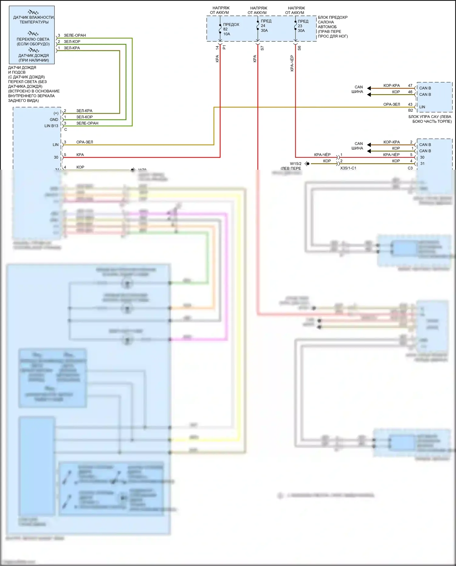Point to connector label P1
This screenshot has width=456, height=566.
click(x=224, y=47)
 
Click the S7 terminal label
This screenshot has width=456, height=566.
click(x=262, y=48)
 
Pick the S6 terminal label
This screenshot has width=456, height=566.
click(x=299, y=48)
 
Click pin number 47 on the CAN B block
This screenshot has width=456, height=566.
click(x=410, y=85)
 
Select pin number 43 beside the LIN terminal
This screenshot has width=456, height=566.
click(x=410, y=104)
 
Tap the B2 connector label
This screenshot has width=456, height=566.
click(x=410, y=110)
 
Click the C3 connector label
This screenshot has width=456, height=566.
click(x=410, y=168)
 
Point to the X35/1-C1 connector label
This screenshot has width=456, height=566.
click(x=348, y=168)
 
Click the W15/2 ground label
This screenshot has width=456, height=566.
click(x=295, y=164)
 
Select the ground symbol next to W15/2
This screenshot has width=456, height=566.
click(x=307, y=164)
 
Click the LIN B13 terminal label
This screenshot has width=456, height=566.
click(x=51, y=126)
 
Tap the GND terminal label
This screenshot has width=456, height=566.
click(x=54, y=120)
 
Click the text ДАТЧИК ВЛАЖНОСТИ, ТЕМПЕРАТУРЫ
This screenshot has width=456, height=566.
click(x=33, y=20)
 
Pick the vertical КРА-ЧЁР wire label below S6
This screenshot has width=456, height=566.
click(x=292, y=63)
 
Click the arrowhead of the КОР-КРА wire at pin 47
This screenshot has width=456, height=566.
click(x=369, y=88)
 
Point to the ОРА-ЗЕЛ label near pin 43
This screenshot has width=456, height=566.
click(x=392, y=104)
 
